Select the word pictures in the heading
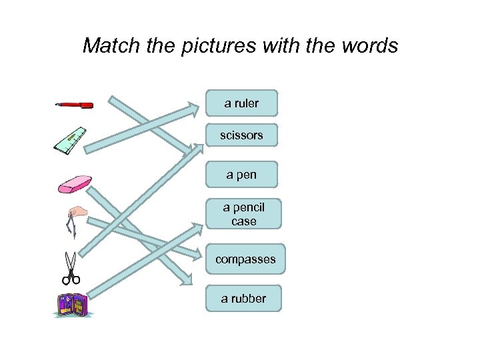[218, 45]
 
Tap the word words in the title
[369, 45]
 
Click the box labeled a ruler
[241, 103]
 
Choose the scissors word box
[241, 135]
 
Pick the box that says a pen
[241, 175]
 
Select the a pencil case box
[243, 214]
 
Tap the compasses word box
[245, 259]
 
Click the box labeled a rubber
[243, 299]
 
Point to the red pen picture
[74, 105]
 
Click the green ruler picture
[71, 140]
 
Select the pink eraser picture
[75, 185]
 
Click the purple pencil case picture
[71, 305]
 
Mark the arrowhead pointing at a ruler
[193, 106]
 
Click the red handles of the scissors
[70, 279]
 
